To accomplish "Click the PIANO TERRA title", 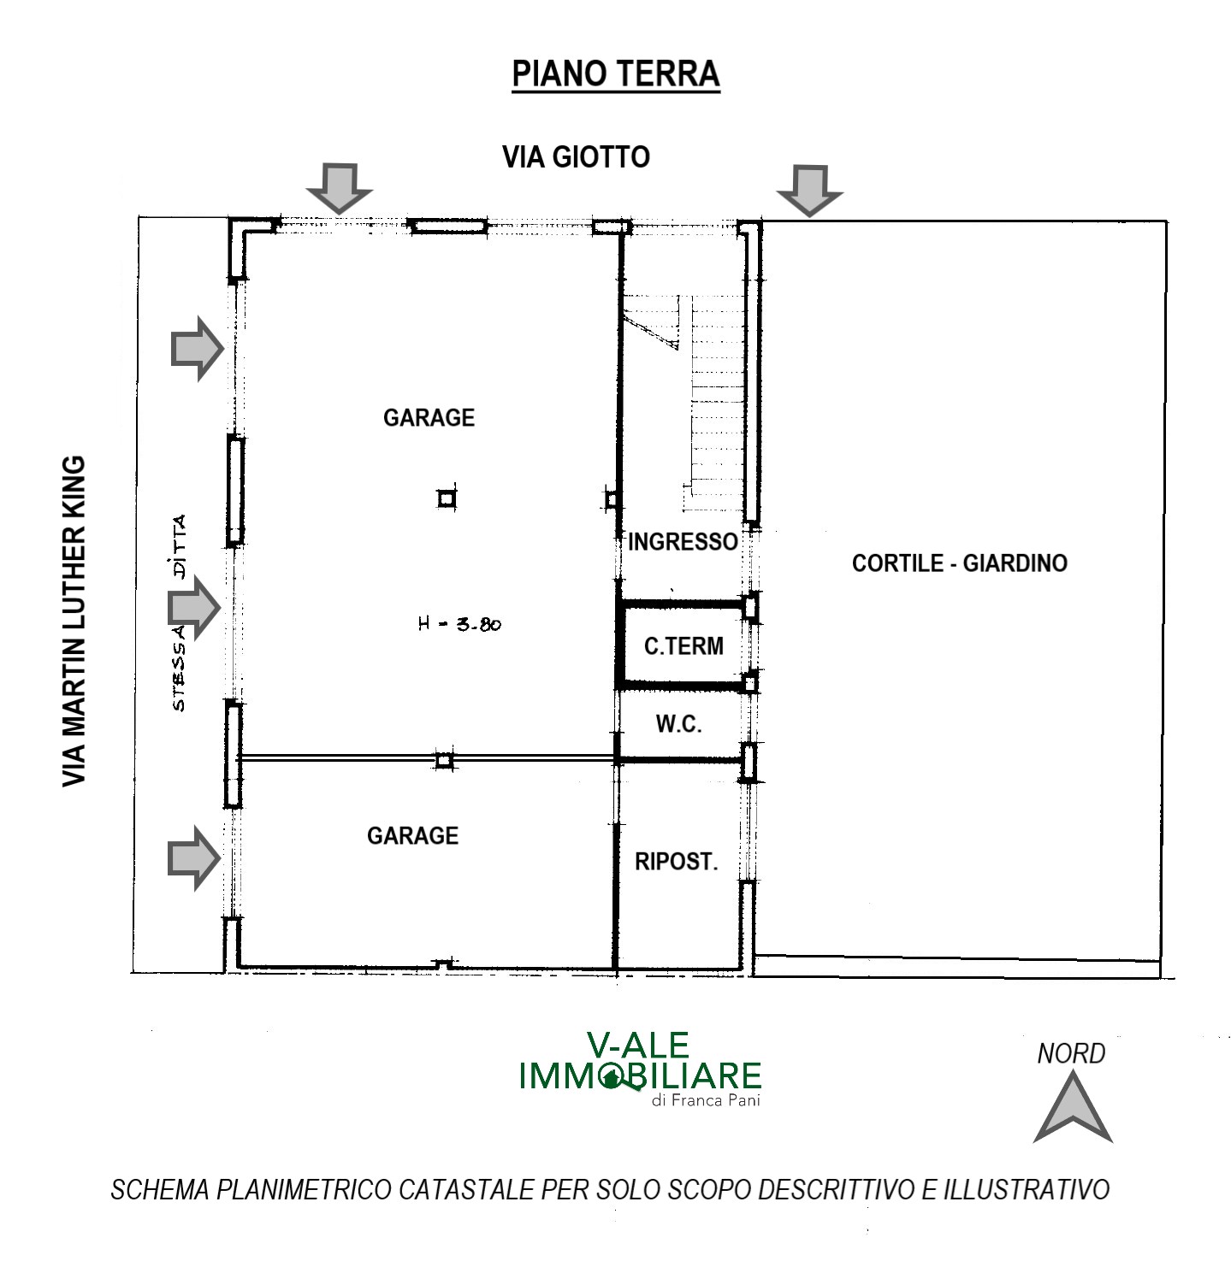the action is [616, 74].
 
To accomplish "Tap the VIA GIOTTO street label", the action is [576, 156].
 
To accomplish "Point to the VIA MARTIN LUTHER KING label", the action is [74, 622].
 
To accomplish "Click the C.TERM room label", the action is [684, 646].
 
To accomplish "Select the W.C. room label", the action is [678, 724].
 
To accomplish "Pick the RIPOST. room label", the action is [677, 861].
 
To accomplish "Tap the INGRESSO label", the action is [683, 542].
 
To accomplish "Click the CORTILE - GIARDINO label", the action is [959, 563].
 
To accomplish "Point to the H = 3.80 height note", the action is [460, 624].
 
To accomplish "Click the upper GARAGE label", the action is [429, 418].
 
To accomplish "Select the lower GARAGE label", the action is [412, 836].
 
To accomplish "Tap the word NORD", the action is [1071, 1053].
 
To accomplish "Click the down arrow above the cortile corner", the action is [809, 191].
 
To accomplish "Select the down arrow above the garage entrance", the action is [340, 189].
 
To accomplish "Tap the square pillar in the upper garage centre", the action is [447, 498].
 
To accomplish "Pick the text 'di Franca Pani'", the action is [706, 1100].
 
